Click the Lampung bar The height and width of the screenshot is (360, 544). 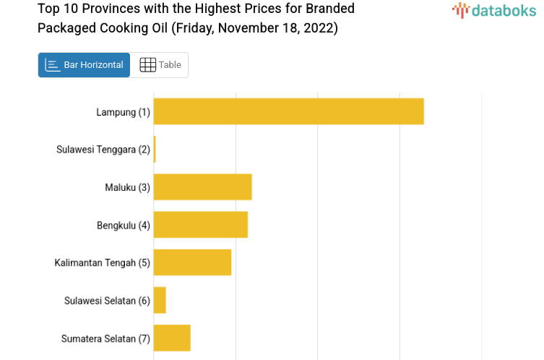[288, 111]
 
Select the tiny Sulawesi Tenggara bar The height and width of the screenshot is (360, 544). [155, 149]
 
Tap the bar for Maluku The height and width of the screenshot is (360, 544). [202, 187]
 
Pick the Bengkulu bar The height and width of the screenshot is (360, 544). [200, 224]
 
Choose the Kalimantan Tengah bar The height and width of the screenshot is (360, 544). [192, 262]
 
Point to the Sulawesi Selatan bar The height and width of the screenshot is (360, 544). [160, 300]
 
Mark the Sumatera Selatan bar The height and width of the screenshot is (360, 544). [172, 338]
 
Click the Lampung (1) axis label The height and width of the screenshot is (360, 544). [123, 112]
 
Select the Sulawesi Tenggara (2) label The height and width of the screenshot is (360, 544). [103, 150]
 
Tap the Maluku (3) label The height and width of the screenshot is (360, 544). [127, 187]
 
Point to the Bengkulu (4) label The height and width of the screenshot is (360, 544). [123, 225]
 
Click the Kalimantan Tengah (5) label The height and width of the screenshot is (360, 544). [102, 262]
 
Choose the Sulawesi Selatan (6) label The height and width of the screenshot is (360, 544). [107, 301]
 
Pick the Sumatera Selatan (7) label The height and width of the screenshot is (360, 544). [105, 338]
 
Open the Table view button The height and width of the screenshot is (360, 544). [160, 65]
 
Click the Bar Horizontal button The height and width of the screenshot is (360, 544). [84, 65]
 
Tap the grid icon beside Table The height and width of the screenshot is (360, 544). [147, 65]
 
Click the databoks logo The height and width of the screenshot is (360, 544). [494, 10]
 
